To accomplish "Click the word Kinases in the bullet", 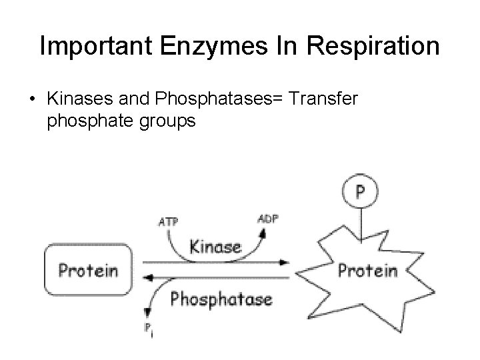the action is coord(74,98).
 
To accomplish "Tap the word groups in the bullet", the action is coord(165,122).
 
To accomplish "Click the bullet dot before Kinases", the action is coord(31,99).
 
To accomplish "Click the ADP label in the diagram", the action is coord(267,218).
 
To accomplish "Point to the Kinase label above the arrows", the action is coord(215,247).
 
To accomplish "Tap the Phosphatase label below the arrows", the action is coord(221,299).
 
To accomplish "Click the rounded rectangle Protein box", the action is coord(88,270).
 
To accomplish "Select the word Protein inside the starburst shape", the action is coord(367,271).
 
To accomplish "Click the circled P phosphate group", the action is coord(360,192).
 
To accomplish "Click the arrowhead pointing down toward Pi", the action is coord(146,312).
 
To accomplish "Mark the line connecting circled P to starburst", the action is coord(360,224).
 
